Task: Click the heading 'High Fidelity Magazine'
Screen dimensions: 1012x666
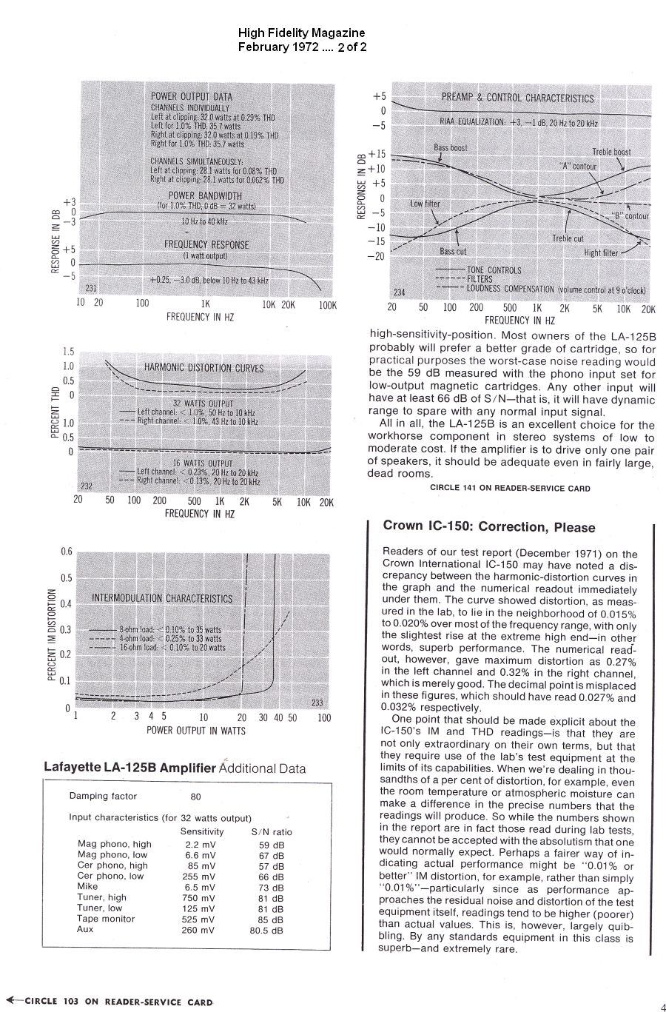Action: pos(301,33)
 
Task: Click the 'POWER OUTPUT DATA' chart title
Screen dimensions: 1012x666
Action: pos(191,96)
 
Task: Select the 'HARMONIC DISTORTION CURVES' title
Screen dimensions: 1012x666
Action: pos(203,368)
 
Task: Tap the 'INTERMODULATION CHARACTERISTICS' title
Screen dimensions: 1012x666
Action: pos(161,598)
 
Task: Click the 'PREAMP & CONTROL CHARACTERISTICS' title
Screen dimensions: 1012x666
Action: pos(517,98)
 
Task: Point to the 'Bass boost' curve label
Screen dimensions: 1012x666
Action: pos(451,148)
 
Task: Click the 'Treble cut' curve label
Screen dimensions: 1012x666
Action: pos(568,239)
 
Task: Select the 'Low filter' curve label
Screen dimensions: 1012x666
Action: pos(425,204)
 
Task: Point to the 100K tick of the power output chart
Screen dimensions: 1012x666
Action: pos(327,304)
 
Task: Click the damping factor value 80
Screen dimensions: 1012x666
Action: pos(196,797)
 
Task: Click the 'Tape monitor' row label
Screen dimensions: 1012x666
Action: pos(107,919)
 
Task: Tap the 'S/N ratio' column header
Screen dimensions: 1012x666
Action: pos(272,831)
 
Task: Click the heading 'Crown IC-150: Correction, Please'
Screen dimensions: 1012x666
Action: pos(488,527)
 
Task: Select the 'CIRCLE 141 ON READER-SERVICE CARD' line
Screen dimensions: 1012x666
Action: pos(510,488)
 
